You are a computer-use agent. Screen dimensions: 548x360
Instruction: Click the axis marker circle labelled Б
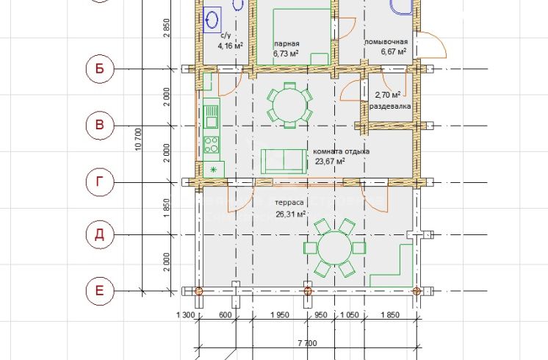[100, 69]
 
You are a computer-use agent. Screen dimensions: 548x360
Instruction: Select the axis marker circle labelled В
[100, 126]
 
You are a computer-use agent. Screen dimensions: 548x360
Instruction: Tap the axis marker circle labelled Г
[100, 182]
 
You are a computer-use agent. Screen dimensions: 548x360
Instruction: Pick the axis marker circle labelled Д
[100, 234]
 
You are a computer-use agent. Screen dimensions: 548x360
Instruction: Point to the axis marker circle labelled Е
[100, 291]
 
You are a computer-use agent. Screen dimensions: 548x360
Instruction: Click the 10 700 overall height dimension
[138, 140]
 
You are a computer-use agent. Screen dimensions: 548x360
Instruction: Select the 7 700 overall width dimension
[308, 343]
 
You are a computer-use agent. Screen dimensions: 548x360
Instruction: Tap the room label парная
[286, 43]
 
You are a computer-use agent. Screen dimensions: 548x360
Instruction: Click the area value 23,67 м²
[330, 161]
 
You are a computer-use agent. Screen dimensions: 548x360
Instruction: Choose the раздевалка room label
[390, 107]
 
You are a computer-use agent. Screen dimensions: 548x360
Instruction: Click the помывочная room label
[386, 42]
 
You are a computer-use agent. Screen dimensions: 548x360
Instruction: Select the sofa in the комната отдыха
[284, 162]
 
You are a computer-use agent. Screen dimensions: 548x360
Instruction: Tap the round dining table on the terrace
[335, 248]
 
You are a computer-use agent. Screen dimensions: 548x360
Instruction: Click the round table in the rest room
[289, 105]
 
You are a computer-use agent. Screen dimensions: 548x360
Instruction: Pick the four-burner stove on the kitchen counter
[212, 145]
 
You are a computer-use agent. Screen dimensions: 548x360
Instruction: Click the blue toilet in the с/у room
[212, 20]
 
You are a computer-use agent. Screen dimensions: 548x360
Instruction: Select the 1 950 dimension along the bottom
[280, 315]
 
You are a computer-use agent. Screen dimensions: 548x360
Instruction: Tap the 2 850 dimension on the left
[167, 29]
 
